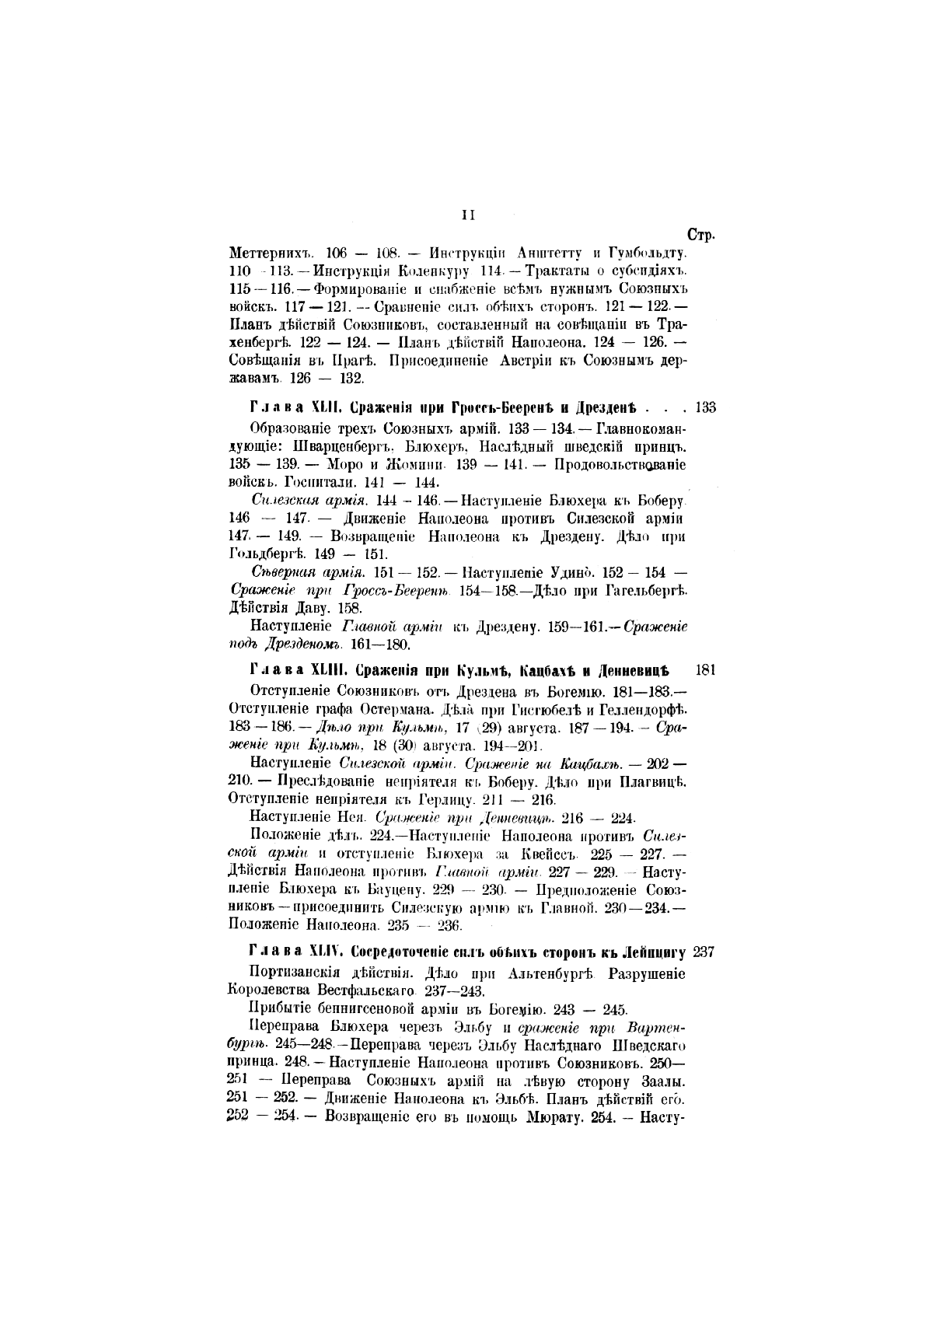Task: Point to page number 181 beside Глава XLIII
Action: tap(704, 669)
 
